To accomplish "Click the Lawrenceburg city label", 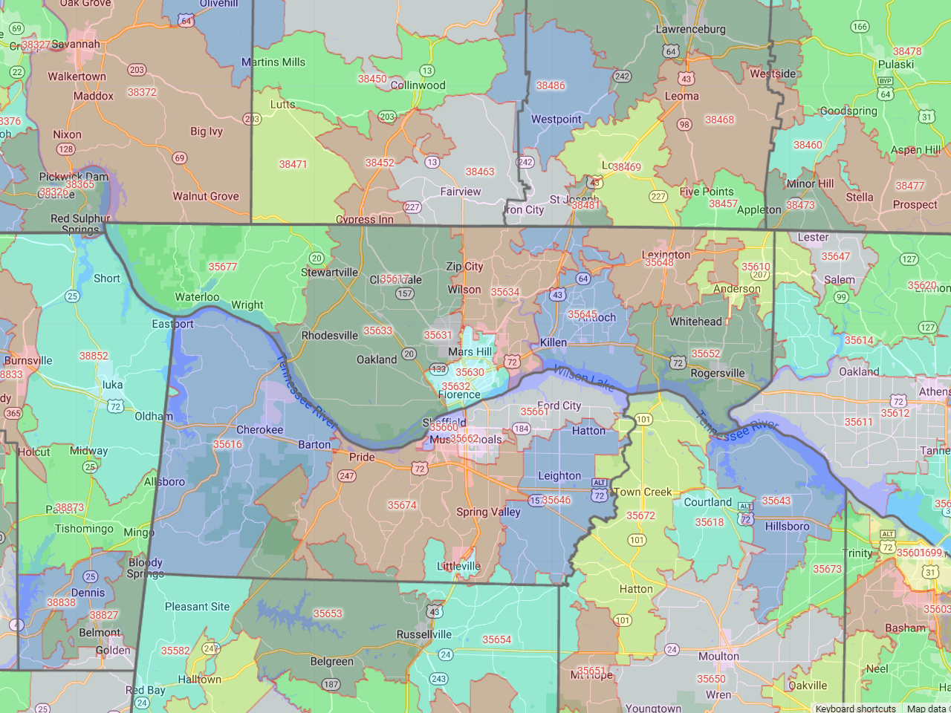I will (x=690, y=30).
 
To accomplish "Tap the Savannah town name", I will (x=76, y=45).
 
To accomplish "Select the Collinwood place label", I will (x=418, y=85).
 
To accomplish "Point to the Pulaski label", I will (x=895, y=65).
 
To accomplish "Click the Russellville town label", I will (x=423, y=635).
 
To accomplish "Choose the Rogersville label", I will (x=717, y=374).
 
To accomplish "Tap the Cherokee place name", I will (x=259, y=430).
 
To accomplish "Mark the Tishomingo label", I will (x=84, y=529).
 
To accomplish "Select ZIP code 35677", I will (x=223, y=267).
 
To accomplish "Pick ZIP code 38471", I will (x=293, y=164).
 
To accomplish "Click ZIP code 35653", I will (x=328, y=614).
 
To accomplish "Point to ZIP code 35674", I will (x=402, y=506).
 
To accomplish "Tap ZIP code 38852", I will (x=94, y=356).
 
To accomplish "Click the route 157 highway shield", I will (x=404, y=293).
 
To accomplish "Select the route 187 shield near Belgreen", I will (x=331, y=685).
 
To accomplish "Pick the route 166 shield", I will (x=860, y=27).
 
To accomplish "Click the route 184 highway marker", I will (x=522, y=429).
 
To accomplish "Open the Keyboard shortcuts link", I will (x=855, y=708).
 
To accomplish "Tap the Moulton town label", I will (x=718, y=657).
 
